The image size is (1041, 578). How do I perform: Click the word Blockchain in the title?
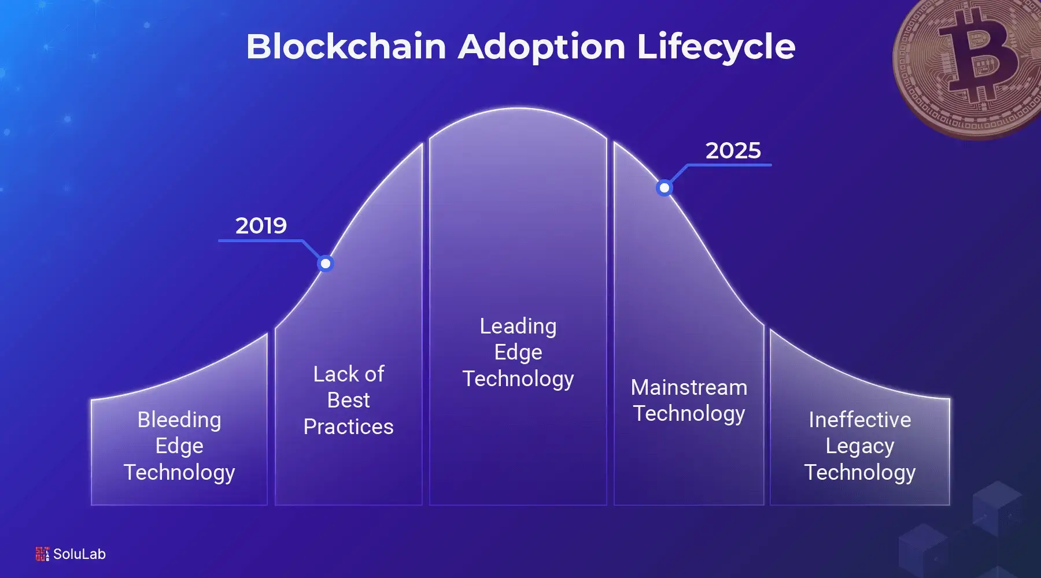[346, 46]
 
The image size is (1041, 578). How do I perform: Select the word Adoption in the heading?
[542, 46]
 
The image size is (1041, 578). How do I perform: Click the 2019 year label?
[261, 225]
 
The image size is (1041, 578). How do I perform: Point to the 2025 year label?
[733, 151]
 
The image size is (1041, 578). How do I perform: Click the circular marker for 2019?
[326, 264]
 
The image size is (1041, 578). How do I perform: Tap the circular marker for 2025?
[665, 188]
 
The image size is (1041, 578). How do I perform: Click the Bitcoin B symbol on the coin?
[977, 55]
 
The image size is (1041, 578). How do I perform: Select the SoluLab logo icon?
[42, 554]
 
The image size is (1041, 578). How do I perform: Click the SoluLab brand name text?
[79, 554]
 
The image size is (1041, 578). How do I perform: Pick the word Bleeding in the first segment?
[179, 420]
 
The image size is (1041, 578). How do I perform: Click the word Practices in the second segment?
[348, 427]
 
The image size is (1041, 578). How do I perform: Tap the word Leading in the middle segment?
[518, 326]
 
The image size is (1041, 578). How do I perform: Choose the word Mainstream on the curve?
[689, 387]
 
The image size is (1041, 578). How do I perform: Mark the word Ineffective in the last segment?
[859, 420]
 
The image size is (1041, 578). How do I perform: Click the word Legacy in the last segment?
[859, 446]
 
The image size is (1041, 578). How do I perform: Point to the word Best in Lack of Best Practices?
[348, 400]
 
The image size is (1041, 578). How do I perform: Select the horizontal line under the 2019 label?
[260, 240]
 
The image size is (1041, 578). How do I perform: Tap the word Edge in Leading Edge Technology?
[518, 353]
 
